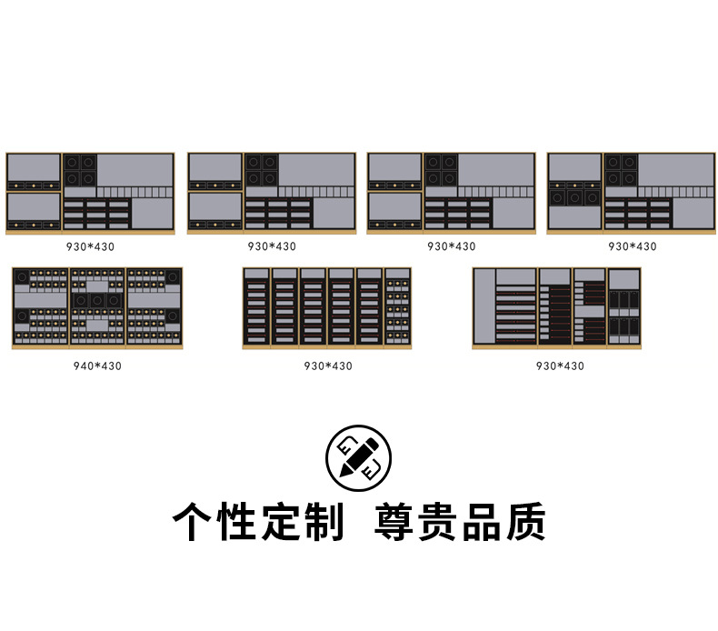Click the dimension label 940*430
(x=97, y=366)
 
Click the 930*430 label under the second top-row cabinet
(x=272, y=246)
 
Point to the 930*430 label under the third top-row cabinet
(x=451, y=246)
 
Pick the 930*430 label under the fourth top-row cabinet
(x=632, y=246)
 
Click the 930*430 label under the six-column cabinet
(x=328, y=366)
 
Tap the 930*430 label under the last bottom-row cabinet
(x=560, y=366)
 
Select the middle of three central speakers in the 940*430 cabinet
(x=97, y=300)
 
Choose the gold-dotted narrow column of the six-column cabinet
(x=397, y=307)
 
